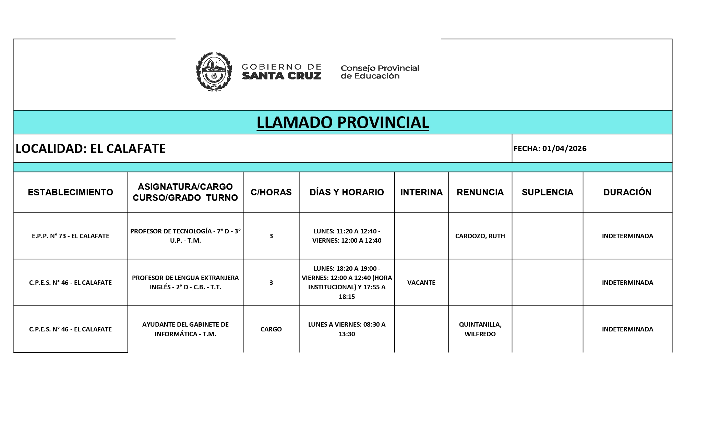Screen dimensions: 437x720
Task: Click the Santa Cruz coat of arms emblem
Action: coord(214,72)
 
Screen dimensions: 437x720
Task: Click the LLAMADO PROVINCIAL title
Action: coord(343,122)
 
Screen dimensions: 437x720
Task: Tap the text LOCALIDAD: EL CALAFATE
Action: coord(91,148)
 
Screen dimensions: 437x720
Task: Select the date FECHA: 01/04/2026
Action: coord(550,148)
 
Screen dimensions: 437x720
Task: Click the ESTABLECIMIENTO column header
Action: coord(70,192)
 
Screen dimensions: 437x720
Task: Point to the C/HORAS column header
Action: coord(271,192)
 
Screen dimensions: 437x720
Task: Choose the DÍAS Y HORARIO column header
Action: coord(347,192)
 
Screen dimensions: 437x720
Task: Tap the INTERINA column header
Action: coord(421,192)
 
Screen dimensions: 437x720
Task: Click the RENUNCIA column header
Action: coord(480,192)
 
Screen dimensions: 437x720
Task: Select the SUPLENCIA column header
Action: coord(547,192)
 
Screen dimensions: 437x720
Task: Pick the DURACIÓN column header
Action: coord(627,192)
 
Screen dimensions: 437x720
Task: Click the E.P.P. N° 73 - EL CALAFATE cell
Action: coord(70,236)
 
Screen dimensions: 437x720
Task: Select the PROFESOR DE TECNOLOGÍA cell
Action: coord(185,236)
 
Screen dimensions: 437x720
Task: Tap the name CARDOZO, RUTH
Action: coord(480,236)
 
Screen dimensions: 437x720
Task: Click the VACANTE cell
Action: coord(421,282)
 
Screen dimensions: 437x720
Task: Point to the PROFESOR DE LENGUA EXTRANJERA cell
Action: coord(185,282)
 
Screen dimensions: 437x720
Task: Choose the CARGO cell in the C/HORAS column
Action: coord(271,329)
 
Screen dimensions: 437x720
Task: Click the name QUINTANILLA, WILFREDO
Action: coord(480,329)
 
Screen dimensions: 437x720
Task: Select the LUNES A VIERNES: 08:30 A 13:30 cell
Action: coord(347,329)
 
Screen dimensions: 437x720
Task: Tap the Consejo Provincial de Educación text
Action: coord(380,72)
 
